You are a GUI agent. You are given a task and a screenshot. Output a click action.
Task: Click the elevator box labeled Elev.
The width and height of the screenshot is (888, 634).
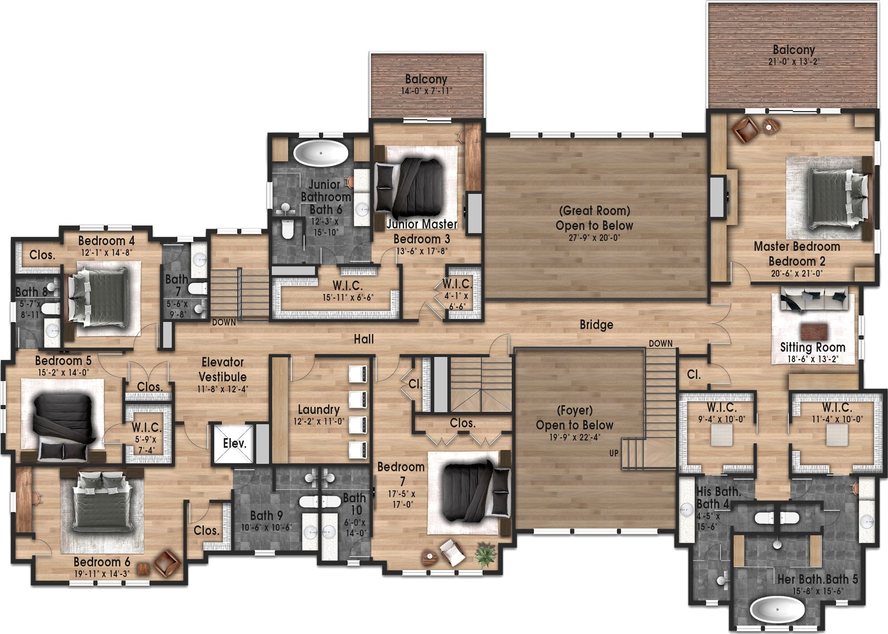234,443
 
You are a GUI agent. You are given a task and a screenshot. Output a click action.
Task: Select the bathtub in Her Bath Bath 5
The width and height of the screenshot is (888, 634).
777,609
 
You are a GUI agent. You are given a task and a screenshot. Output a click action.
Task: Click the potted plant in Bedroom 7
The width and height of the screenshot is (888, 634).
485,554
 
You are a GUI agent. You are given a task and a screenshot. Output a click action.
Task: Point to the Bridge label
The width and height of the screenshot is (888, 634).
596,325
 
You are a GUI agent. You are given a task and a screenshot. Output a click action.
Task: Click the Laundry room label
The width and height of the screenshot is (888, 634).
319,409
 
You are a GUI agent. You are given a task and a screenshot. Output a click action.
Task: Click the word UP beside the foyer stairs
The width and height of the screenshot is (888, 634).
614,453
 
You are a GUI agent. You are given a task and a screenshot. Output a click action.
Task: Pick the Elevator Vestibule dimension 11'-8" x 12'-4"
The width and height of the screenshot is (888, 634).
222,389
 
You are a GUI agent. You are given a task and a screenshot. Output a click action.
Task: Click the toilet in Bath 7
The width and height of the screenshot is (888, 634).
198,289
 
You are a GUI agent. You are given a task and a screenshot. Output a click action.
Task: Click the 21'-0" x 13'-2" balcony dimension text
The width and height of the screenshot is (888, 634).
794,62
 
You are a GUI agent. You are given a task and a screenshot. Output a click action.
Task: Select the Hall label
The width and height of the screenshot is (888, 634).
364,339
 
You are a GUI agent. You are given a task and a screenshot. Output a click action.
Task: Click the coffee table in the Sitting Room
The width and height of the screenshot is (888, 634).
814,332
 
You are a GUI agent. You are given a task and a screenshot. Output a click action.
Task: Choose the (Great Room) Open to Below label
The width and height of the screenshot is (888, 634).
594,218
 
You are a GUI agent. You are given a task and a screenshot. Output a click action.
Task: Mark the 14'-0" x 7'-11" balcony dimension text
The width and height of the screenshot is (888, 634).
426,91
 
